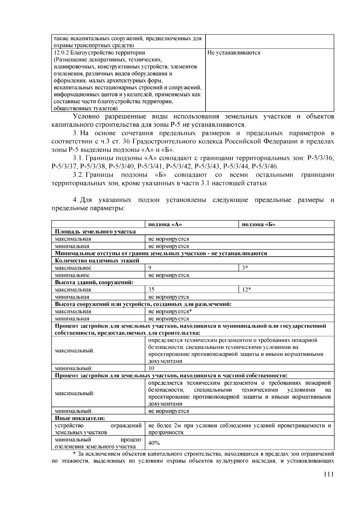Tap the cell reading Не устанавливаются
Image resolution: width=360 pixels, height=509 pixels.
point(234,53)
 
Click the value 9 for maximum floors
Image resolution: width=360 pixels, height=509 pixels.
point(150,268)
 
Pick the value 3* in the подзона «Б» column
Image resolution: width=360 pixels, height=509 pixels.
point(245,268)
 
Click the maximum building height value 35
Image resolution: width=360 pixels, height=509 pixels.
point(151,289)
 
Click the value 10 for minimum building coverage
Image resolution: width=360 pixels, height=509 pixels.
point(151,368)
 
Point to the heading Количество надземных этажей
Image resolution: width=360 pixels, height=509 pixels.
point(97,261)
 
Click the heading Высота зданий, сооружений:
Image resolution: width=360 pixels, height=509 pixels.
point(94,282)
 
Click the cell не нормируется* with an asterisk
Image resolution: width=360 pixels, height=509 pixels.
point(170,311)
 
